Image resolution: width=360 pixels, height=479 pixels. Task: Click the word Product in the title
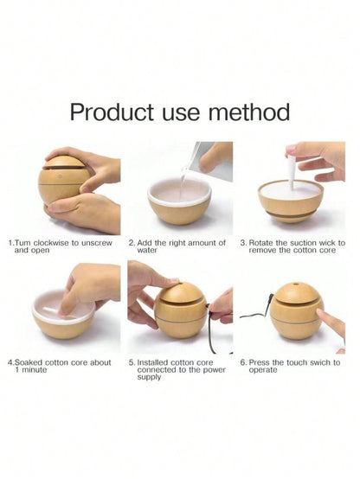[x=112, y=112]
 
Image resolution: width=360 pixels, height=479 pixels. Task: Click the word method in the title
[x=248, y=112]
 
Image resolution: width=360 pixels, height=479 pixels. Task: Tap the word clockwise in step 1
[x=51, y=243]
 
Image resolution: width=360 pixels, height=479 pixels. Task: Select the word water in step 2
[x=147, y=250]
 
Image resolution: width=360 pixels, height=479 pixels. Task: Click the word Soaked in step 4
[x=29, y=362]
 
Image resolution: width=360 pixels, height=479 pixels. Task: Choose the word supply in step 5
[x=149, y=377]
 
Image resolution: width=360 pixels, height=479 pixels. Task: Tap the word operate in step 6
[x=263, y=370]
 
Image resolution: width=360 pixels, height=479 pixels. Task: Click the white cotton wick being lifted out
[x=292, y=172]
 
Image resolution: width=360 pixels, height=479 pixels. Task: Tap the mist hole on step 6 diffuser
[x=296, y=284]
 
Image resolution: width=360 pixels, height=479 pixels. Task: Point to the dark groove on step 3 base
[x=291, y=214]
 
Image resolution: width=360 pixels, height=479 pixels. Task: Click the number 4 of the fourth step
[x=10, y=363]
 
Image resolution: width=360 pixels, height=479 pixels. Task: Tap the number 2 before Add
[x=132, y=243]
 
